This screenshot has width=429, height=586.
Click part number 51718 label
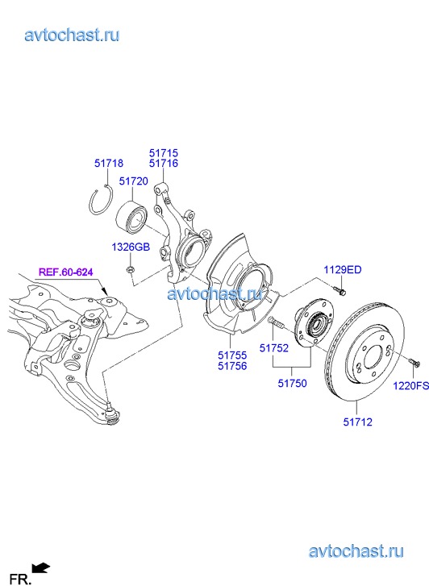109,163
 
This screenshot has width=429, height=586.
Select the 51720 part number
134,181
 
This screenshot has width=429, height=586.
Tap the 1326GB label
131,247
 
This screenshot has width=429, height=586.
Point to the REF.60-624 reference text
66,272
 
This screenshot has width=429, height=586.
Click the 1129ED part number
343,269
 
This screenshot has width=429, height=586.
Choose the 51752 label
274,348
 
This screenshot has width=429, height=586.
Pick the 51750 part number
292,383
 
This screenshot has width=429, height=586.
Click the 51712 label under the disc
358,422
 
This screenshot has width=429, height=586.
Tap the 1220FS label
410,385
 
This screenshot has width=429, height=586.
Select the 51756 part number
232,366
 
